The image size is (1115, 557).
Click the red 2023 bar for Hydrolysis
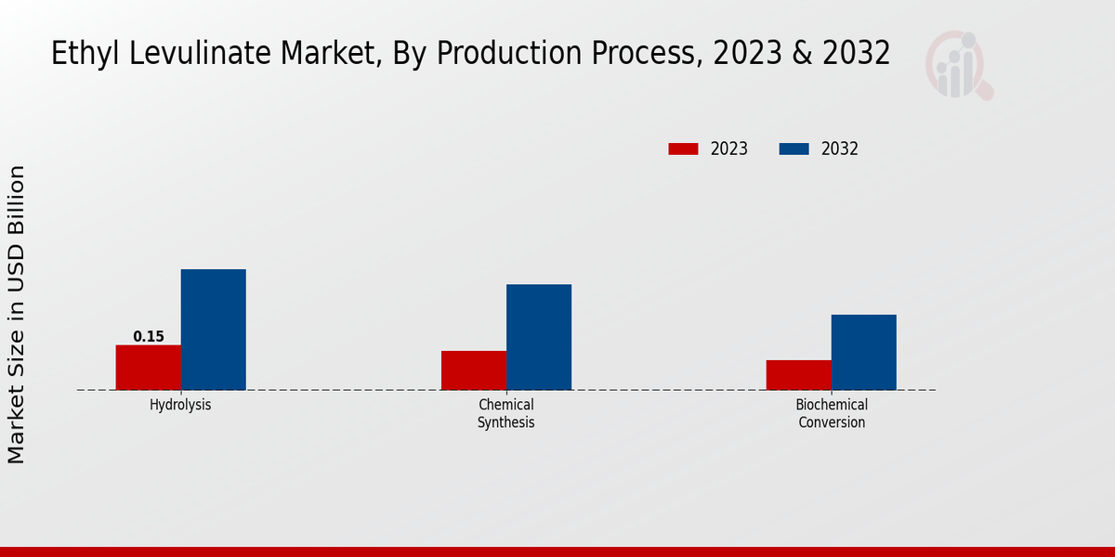pyautogui.click(x=148, y=368)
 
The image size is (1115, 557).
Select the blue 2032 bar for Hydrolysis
pyautogui.click(x=213, y=330)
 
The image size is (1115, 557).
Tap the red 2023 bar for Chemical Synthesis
pyautogui.click(x=474, y=370)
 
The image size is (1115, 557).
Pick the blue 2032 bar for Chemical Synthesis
pyautogui.click(x=539, y=337)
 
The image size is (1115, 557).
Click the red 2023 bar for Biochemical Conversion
pyautogui.click(x=798, y=375)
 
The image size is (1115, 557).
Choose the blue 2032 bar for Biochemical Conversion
pyautogui.click(x=863, y=352)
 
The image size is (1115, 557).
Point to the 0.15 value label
pyautogui.click(x=149, y=337)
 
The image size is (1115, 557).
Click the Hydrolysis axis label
pyautogui.click(x=180, y=405)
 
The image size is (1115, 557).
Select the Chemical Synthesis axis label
pyautogui.click(x=506, y=414)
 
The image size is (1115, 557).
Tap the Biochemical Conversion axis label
pyautogui.click(x=832, y=414)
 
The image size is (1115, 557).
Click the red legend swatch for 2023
pyautogui.click(x=683, y=149)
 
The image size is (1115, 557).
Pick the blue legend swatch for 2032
pyautogui.click(x=794, y=149)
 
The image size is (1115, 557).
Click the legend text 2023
pyautogui.click(x=729, y=149)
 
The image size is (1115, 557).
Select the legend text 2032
pyautogui.click(x=840, y=149)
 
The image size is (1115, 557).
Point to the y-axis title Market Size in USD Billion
pyautogui.click(x=17, y=314)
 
